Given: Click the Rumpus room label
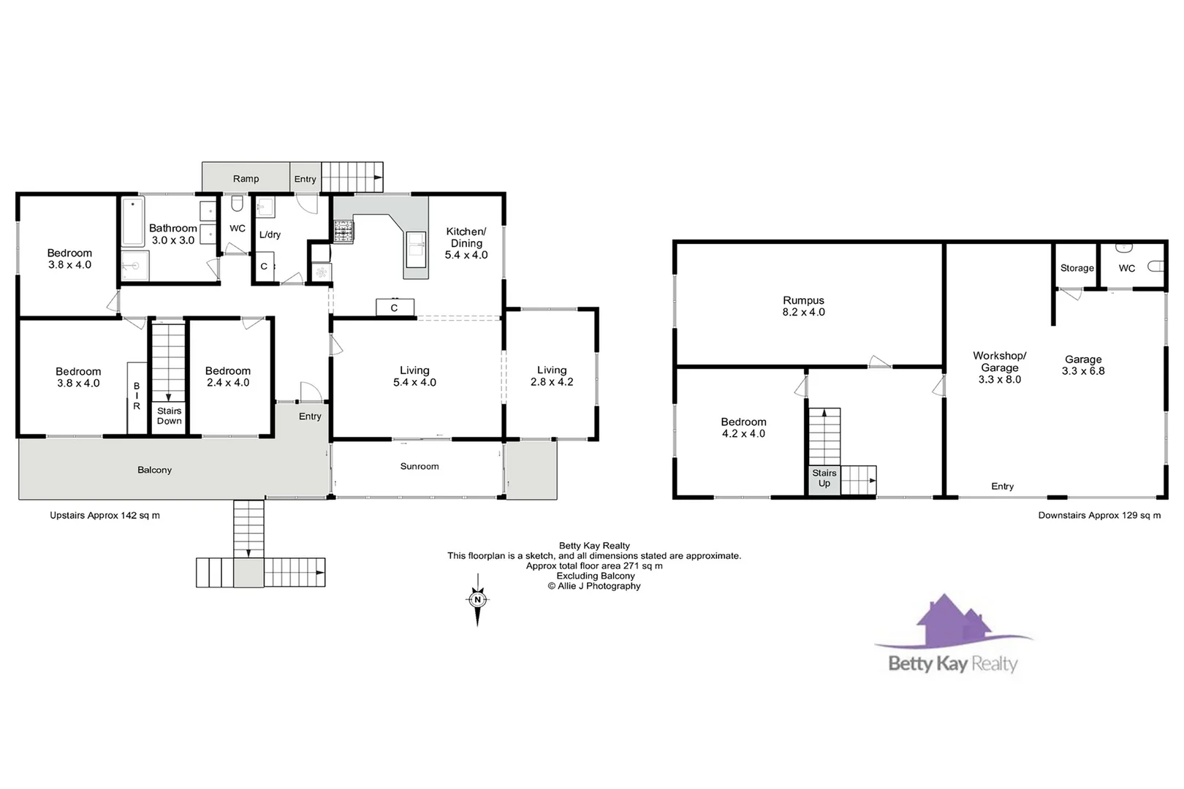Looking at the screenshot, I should [803, 300].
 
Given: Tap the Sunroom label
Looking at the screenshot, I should [420, 466].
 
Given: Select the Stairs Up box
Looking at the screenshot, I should [824, 479].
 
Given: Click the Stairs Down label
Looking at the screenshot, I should [169, 416].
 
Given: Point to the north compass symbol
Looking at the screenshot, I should [477, 600].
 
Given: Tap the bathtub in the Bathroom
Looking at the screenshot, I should [133, 222].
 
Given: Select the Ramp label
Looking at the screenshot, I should [246, 179].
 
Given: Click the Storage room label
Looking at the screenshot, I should [1077, 268].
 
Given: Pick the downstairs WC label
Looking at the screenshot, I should [1126, 268].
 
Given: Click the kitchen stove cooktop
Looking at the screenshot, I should [344, 232].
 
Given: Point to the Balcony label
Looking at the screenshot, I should [154, 470].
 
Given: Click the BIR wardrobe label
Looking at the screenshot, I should [137, 396].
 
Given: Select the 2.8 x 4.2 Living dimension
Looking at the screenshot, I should [552, 382].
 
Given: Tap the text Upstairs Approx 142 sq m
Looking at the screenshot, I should [105, 515].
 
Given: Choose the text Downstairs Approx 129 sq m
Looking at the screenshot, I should [1098, 515].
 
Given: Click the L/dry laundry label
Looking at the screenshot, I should [270, 235].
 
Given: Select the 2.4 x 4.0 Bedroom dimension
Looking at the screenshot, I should [227, 383].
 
